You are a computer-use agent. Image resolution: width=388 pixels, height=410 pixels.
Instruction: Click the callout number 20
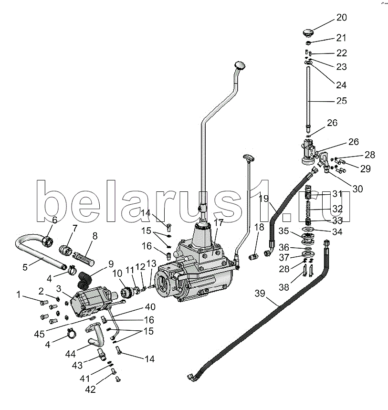(x=341, y=18)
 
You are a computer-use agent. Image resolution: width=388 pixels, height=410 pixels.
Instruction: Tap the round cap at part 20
(x=308, y=33)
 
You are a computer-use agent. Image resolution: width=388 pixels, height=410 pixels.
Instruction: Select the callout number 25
(x=341, y=101)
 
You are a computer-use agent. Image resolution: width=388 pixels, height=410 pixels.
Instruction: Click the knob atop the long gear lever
(x=240, y=64)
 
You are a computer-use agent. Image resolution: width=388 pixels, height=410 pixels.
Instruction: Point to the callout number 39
(x=260, y=294)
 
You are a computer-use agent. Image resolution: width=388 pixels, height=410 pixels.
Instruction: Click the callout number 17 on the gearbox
(x=218, y=223)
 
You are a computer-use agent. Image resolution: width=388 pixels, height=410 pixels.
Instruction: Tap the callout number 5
(x=25, y=267)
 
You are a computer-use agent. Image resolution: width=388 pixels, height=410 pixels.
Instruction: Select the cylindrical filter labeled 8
(x=84, y=258)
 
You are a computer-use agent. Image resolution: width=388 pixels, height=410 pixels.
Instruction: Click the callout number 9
(x=111, y=264)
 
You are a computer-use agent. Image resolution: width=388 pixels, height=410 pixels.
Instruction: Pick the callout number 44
(x=70, y=354)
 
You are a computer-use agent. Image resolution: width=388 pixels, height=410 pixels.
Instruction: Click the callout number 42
(x=91, y=389)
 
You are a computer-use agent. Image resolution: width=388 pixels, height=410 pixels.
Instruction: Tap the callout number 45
(x=39, y=334)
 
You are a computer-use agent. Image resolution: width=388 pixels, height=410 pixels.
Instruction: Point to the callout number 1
(x=18, y=294)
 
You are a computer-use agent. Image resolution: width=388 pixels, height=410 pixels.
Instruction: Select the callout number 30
(x=357, y=189)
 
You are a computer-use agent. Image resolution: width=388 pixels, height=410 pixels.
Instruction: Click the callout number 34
(x=337, y=231)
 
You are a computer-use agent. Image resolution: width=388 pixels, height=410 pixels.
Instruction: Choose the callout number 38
(x=284, y=287)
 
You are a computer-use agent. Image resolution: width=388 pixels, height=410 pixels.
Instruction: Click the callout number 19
(x=264, y=199)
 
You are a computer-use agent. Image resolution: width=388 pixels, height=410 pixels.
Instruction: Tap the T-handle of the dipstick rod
(x=249, y=157)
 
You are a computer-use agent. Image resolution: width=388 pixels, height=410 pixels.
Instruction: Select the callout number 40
(x=150, y=307)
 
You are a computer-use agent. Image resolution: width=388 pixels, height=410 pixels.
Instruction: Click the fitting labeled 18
(x=253, y=257)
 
